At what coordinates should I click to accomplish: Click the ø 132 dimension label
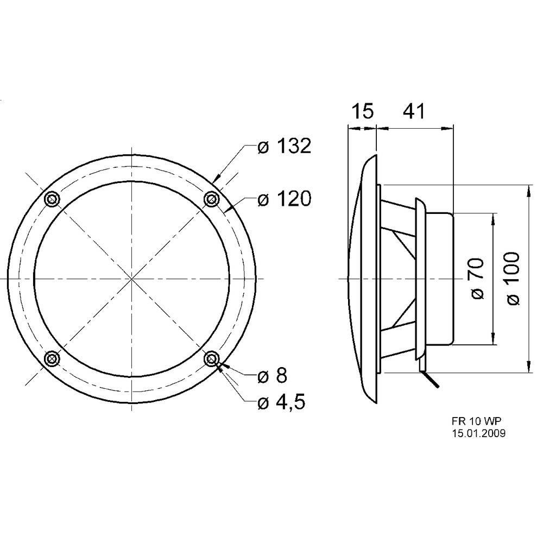[283, 146]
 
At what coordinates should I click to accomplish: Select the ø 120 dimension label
[283, 200]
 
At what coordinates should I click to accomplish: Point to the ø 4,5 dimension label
[281, 402]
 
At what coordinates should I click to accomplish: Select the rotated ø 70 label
[476, 279]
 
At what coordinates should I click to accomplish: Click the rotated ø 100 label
[513, 279]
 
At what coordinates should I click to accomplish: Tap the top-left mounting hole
[51, 199]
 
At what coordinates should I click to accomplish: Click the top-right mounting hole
[211, 200]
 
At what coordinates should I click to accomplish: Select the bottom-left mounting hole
[52, 358]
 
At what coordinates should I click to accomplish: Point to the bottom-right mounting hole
[212, 358]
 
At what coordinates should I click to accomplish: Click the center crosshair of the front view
[131, 279]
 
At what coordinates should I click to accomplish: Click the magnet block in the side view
[439, 279]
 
